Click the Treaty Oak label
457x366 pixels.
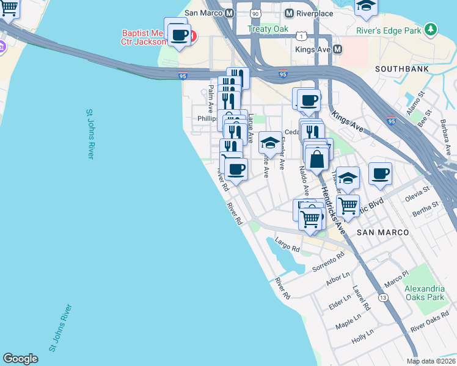(x=268, y=29)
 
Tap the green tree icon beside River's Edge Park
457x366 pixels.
(x=431, y=29)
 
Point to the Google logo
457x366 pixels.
(x=20, y=359)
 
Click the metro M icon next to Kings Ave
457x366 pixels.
(x=337, y=49)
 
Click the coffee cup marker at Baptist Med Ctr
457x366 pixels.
(x=180, y=35)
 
